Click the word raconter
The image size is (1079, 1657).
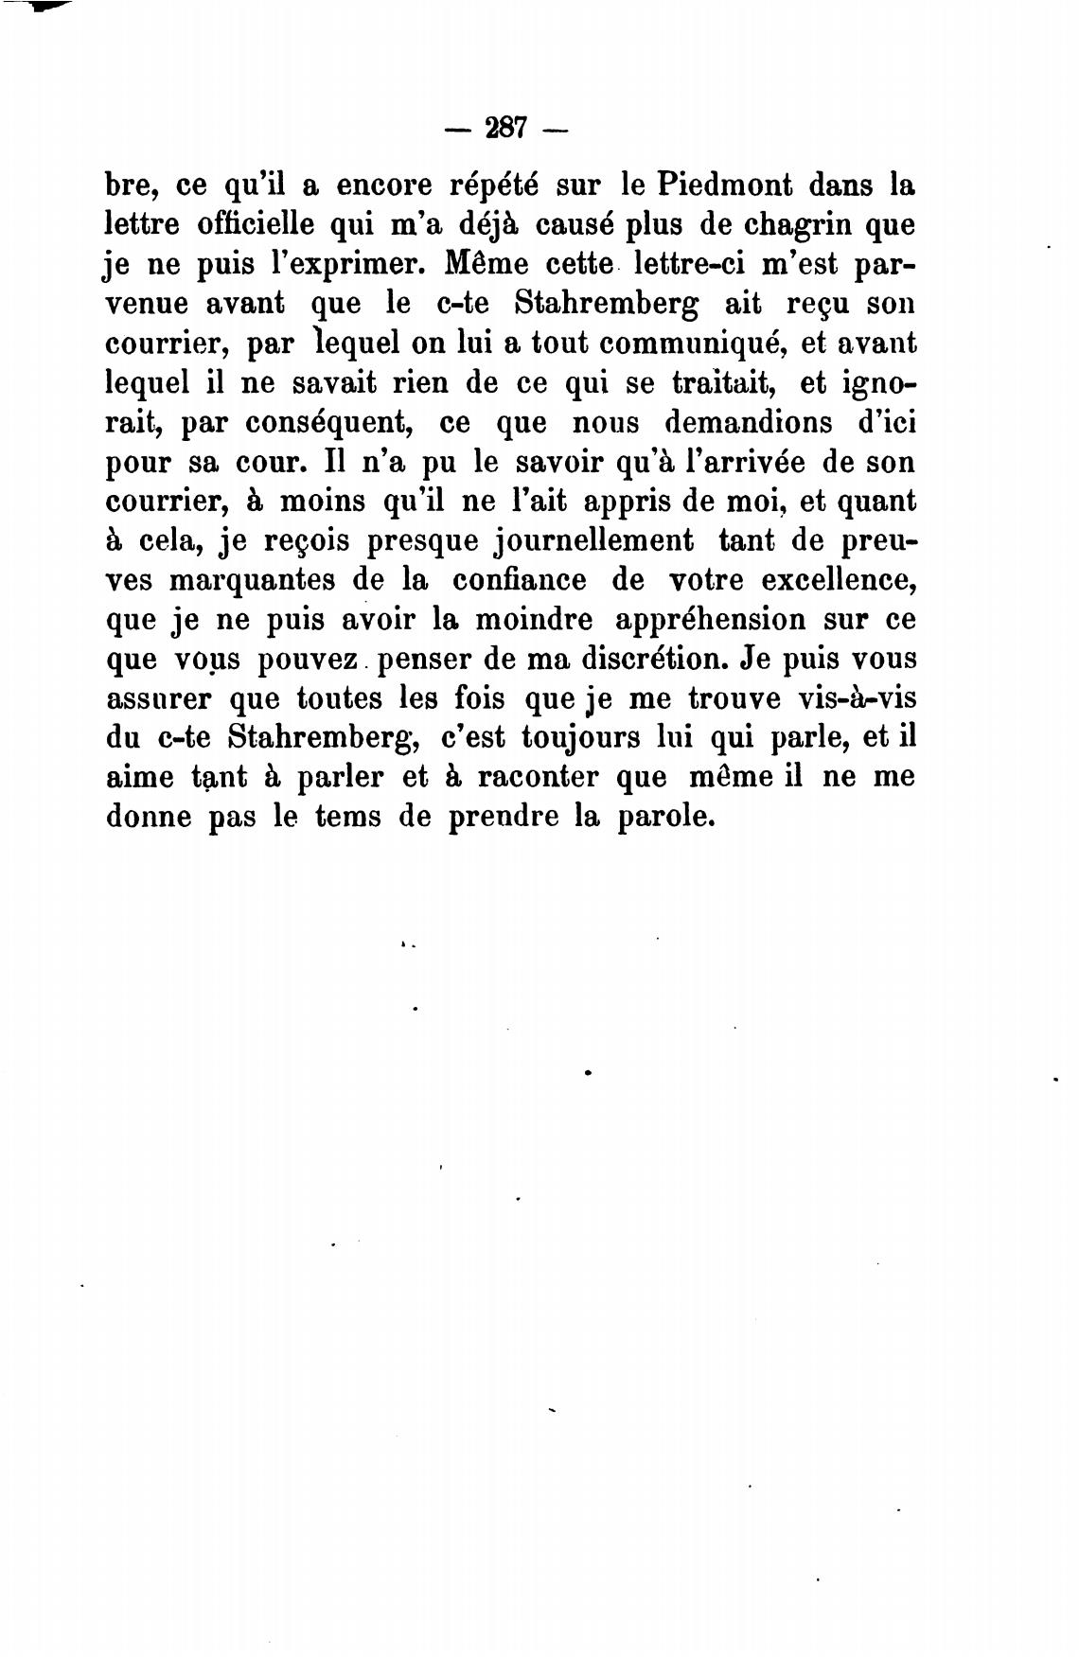[538, 777]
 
